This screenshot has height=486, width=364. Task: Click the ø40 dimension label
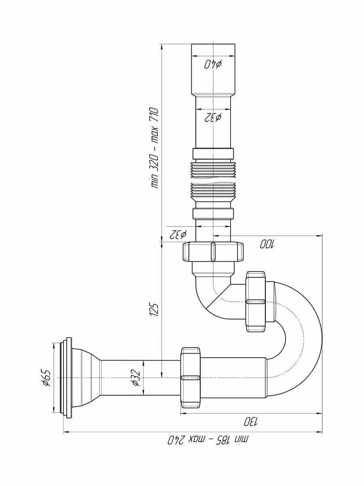[213, 64]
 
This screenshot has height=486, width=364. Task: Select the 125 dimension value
[154, 309]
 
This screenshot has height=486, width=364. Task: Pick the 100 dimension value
[267, 244]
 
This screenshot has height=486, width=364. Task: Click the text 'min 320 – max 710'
[154, 148]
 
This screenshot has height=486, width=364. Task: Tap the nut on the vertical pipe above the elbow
[213, 252]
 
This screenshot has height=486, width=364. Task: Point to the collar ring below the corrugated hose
[213, 213]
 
